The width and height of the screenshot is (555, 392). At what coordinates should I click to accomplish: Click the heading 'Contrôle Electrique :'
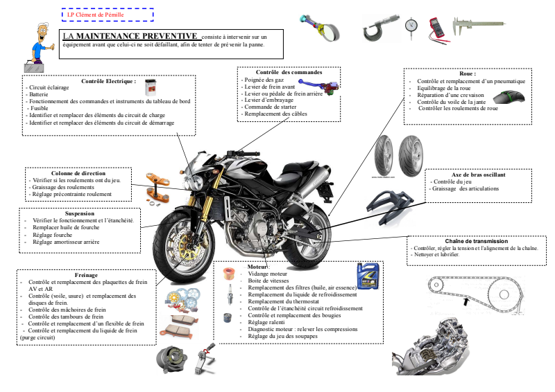pyautogui.click(x=108, y=81)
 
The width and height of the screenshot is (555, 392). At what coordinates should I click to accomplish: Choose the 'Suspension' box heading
pyautogui.click(x=79, y=214)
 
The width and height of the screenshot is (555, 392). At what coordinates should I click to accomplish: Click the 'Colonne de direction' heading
pyautogui.click(x=78, y=173)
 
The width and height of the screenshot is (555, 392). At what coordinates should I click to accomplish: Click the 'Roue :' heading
pyautogui.click(x=468, y=73)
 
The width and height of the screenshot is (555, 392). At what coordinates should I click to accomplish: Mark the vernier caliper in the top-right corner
pyautogui.click(x=472, y=27)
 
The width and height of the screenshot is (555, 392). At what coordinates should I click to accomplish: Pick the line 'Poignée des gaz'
pyautogui.click(x=264, y=80)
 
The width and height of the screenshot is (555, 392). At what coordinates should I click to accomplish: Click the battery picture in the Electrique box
pyautogui.click(x=149, y=88)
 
